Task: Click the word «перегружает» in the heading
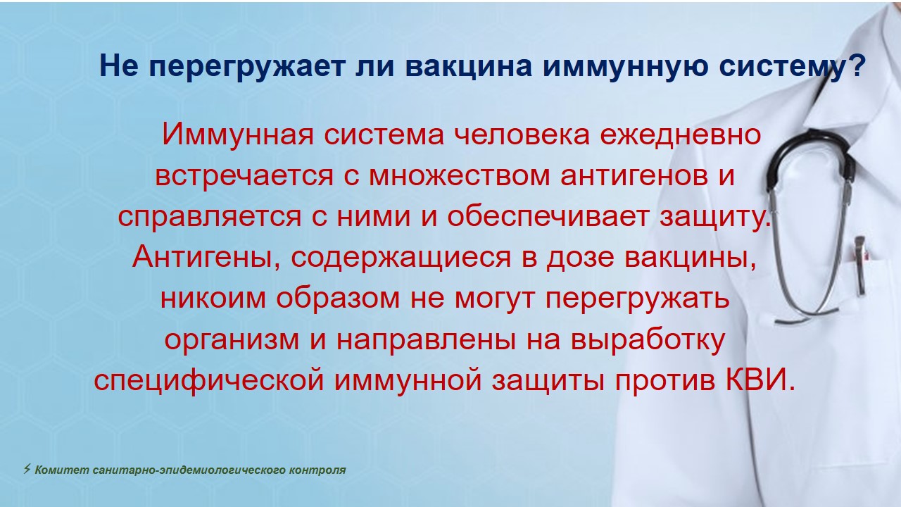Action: (247, 68)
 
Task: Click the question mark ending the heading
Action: (855, 65)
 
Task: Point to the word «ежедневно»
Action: (681, 136)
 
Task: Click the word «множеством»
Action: (460, 176)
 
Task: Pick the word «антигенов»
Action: (634, 176)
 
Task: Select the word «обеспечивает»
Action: (548, 216)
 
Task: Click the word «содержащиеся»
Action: (401, 258)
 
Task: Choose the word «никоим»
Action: (213, 298)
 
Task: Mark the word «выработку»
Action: (648, 339)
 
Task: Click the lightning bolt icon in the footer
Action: (27, 469)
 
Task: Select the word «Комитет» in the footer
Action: (62, 470)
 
